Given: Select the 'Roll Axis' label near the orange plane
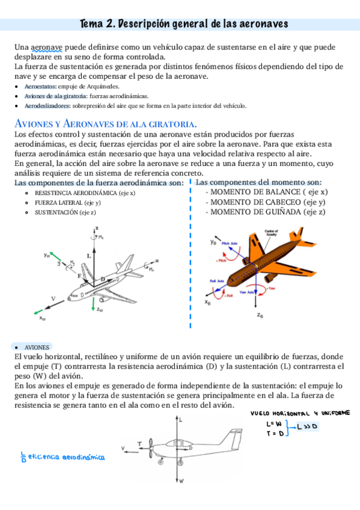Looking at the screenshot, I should [216, 281].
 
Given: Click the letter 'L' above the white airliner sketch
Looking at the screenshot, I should [89, 256].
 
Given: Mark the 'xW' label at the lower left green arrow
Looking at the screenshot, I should [43, 319].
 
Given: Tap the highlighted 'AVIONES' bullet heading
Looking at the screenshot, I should [35, 347].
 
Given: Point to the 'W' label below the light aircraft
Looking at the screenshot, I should [181, 481].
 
